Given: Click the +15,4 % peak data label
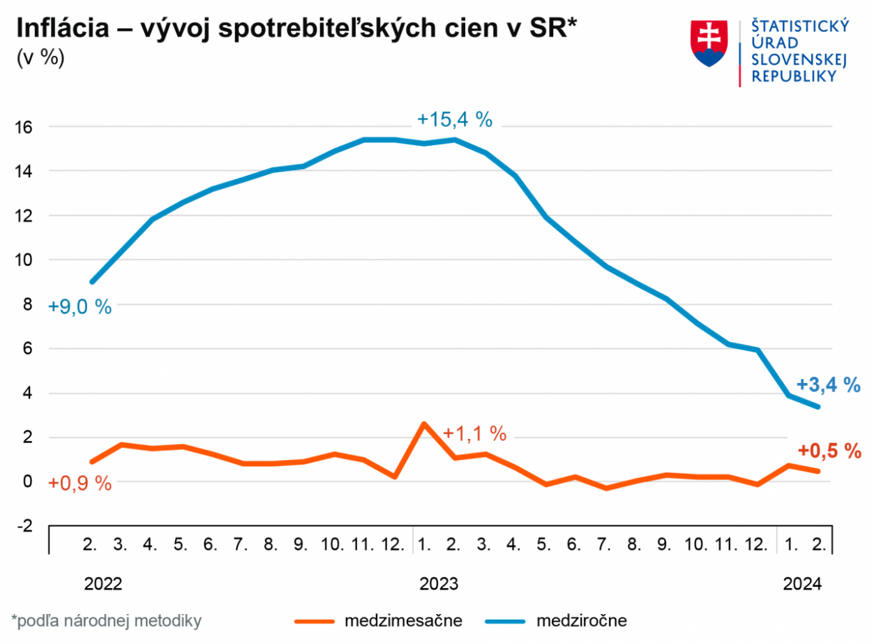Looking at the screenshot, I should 455,119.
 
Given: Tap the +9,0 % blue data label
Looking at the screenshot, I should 80,307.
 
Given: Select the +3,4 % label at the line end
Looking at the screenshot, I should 828,384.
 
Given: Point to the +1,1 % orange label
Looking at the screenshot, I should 474,433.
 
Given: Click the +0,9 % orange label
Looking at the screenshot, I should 80,483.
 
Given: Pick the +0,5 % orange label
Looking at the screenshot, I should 828,451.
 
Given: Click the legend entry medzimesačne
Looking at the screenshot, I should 403,620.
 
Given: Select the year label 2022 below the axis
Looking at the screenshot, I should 103,584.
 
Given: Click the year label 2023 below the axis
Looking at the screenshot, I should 438,584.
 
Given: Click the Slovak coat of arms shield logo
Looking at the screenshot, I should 709,43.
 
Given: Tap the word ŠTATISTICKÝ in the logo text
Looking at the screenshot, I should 799,26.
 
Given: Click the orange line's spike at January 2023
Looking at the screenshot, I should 424,424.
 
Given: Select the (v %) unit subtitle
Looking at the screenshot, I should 40,58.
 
